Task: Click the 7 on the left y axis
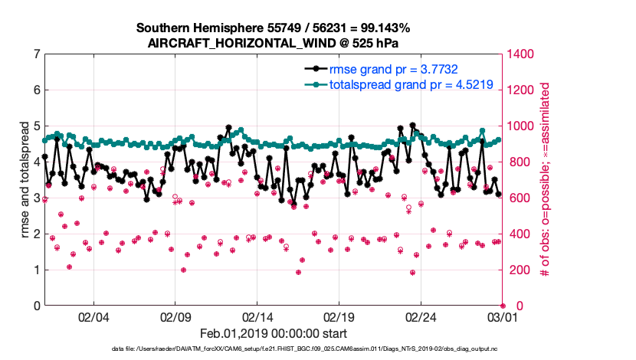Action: (x=36, y=54)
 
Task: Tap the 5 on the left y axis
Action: (x=36, y=126)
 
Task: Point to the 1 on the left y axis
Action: (x=36, y=270)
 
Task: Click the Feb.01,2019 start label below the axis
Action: (x=274, y=334)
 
